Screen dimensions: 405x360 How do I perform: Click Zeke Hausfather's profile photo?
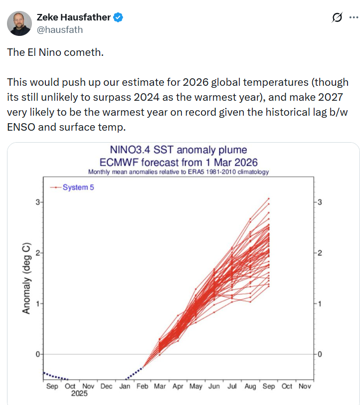pos(20,23)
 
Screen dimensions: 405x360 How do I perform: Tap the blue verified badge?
pos(118,18)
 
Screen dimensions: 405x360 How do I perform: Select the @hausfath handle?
pos(60,30)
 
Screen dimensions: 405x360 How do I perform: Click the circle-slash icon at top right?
pos(337,18)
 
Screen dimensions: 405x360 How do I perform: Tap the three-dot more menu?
pos(353,18)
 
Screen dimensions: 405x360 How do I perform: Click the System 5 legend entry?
pos(78,188)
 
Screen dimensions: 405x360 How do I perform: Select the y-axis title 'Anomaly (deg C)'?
pos(26,278)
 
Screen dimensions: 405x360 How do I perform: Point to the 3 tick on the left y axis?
pos(37,202)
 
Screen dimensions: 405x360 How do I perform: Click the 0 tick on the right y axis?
pos(320,355)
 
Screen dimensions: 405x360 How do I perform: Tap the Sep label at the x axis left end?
pos(51,386)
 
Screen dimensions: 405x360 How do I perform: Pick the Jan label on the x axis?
pos(124,386)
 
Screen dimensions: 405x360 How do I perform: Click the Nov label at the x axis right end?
pos(305,386)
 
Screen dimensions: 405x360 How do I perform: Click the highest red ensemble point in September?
pos(269,199)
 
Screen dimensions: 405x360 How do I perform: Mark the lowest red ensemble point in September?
pos(269,286)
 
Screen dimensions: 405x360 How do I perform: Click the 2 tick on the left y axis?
pos(37,253)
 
